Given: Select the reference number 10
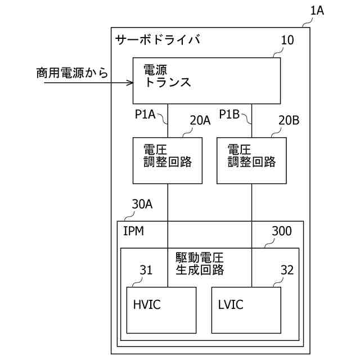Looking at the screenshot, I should coord(287,40).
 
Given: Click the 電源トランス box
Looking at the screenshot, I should coord(206,80).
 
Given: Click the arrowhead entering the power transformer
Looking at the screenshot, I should coord(129,83).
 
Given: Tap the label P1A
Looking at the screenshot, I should coord(145,114).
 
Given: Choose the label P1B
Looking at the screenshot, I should coord(229,114).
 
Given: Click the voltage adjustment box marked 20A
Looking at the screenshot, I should coord(168,160).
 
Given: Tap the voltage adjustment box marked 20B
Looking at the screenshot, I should coord(251,160).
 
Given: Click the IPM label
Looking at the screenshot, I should coord(133,231).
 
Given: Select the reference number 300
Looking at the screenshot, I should coord(281,231).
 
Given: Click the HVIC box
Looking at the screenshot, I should coord(161,310).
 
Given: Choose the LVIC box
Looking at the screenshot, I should coord(246,310).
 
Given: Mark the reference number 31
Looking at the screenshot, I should coord(146,270).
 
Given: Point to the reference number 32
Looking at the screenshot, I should coord(287,270).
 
